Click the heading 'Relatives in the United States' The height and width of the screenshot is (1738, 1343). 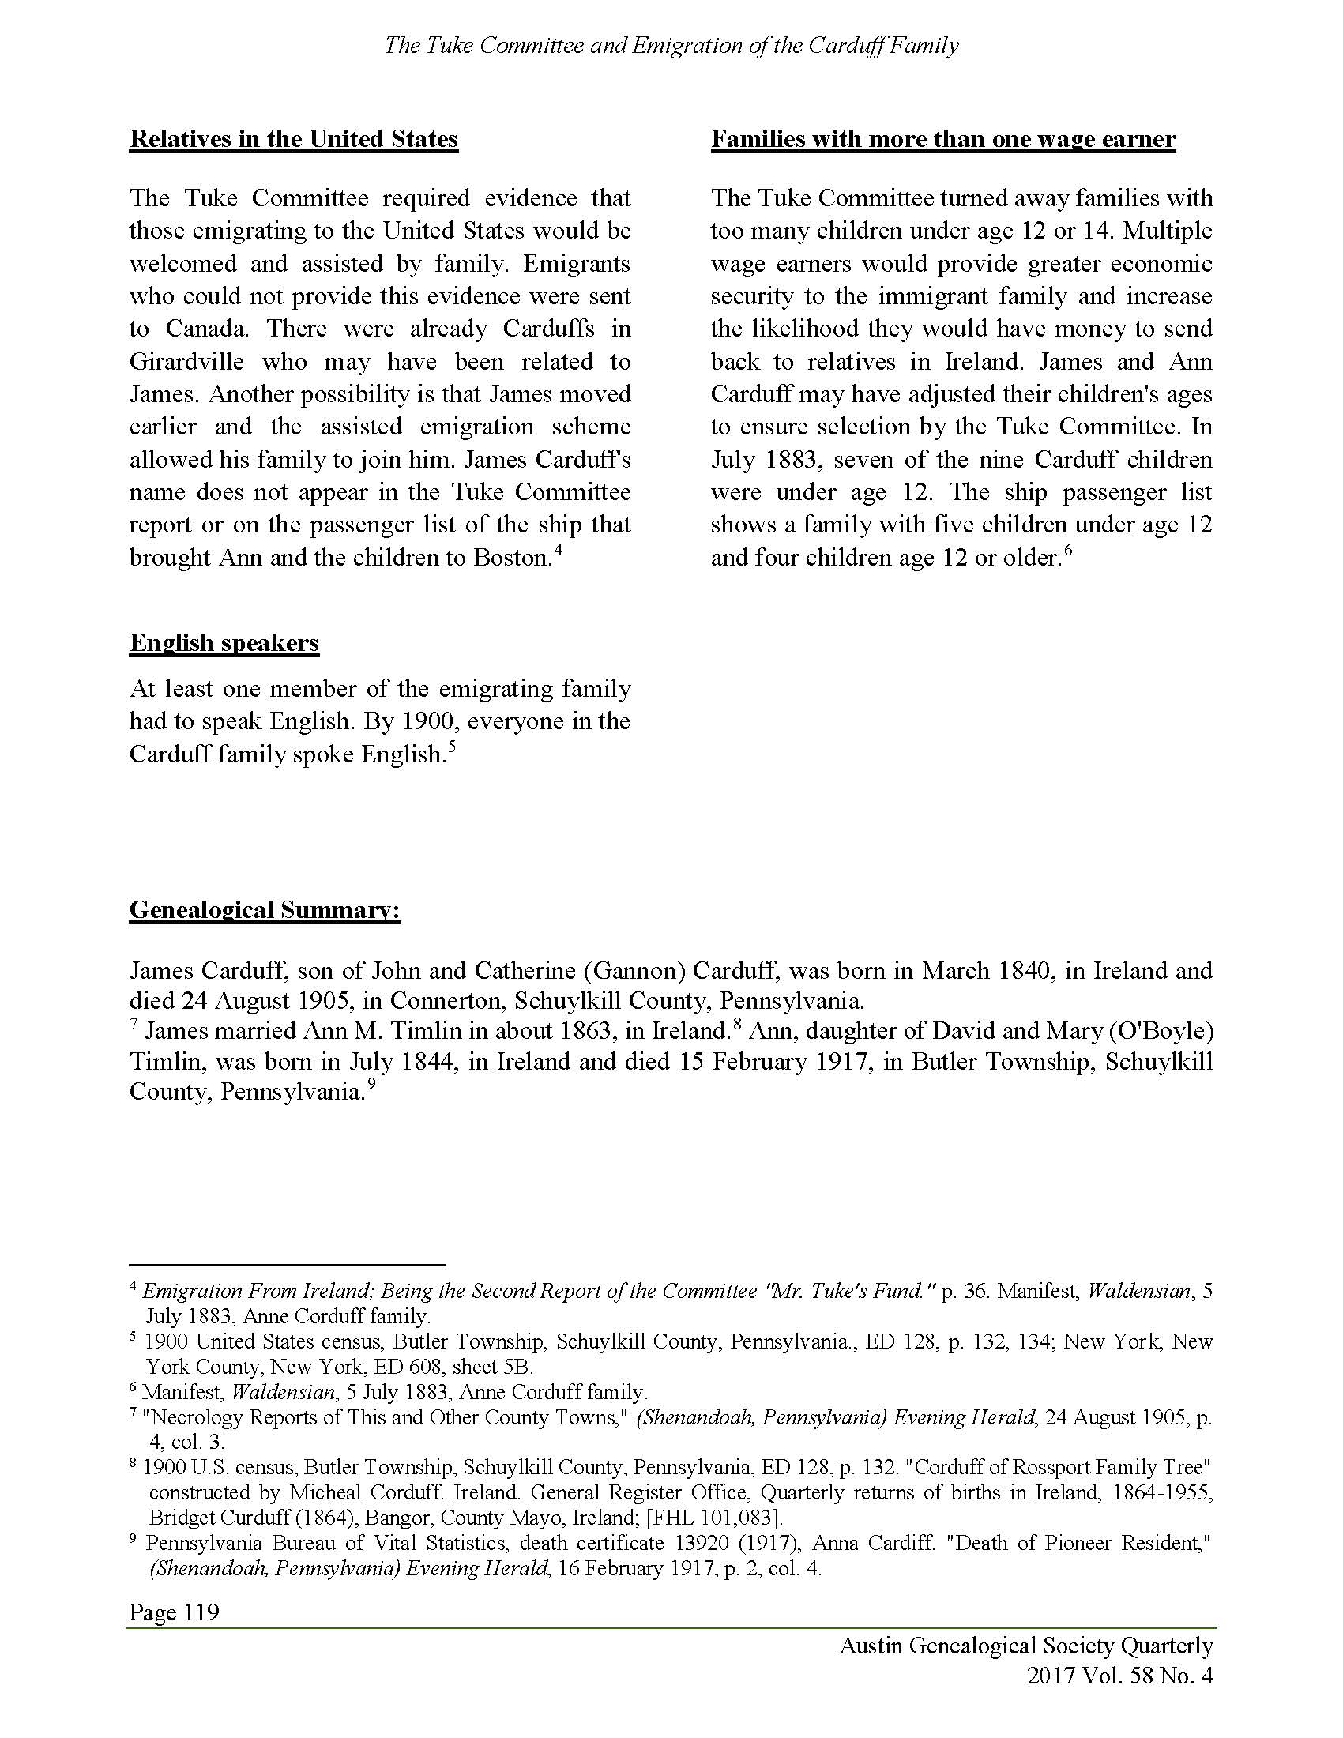(294, 139)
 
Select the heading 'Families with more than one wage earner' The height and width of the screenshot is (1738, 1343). (942, 139)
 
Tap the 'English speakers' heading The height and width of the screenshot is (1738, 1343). (224, 643)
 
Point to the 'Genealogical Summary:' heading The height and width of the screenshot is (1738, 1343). (265, 909)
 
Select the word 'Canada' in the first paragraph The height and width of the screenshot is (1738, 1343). (206, 329)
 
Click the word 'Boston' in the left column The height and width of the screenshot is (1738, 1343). (509, 558)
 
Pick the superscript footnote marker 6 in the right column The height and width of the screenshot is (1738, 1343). (1069, 549)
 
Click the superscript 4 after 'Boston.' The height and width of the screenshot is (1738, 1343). (559, 549)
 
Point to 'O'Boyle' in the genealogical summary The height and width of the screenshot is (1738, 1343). (1161, 1031)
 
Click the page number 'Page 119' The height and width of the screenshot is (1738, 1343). (175, 1612)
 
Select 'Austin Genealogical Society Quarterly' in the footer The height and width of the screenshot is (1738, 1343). (1025, 1646)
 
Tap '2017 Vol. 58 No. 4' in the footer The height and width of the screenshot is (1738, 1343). (1119, 1676)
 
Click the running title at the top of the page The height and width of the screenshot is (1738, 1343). (671, 45)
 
